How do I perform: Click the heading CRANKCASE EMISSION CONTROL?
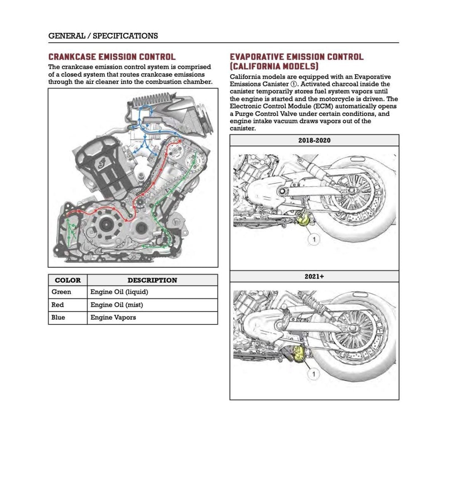click(x=112, y=57)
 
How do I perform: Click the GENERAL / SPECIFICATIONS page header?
click(x=103, y=36)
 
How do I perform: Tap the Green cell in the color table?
click(x=62, y=292)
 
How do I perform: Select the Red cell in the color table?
click(x=58, y=305)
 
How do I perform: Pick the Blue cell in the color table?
click(x=59, y=317)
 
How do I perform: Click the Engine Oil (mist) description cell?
click(x=117, y=305)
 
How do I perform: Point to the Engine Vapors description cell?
click(x=113, y=317)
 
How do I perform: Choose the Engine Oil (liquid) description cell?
click(x=119, y=292)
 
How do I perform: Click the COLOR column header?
click(x=68, y=280)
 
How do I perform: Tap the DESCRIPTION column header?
click(x=152, y=280)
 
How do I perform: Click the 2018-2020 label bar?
click(x=314, y=140)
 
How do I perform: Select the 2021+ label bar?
click(x=314, y=276)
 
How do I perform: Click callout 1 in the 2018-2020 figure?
click(x=314, y=239)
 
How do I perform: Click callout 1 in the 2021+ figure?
click(x=313, y=375)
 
